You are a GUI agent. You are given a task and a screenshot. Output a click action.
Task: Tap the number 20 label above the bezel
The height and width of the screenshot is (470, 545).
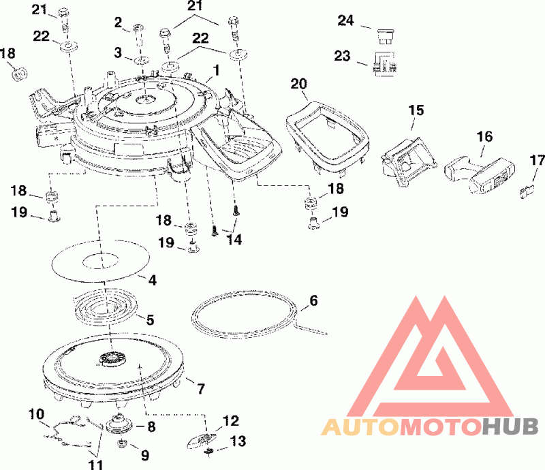pos(299,84)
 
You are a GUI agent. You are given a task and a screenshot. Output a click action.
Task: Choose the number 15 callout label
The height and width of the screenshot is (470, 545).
pos(416,110)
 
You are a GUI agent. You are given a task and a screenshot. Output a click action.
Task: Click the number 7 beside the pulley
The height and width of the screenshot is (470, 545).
pos(200,389)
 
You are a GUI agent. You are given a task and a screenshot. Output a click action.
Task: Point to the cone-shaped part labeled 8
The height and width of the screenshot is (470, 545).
pos(123,424)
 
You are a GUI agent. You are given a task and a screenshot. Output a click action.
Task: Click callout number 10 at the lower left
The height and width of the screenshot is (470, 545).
pos(36,413)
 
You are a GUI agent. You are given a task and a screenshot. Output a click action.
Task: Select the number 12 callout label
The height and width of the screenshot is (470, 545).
pos(231,420)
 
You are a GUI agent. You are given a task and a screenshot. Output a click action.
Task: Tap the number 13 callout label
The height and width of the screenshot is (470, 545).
pos(238,441)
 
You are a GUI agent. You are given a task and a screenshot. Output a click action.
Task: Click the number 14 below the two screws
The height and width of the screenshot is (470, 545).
pos(234,239)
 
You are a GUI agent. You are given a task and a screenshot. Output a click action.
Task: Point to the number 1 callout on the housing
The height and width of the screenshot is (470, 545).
pos(216,69)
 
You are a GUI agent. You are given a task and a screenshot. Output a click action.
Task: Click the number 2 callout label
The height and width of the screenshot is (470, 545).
pos(118,25)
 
